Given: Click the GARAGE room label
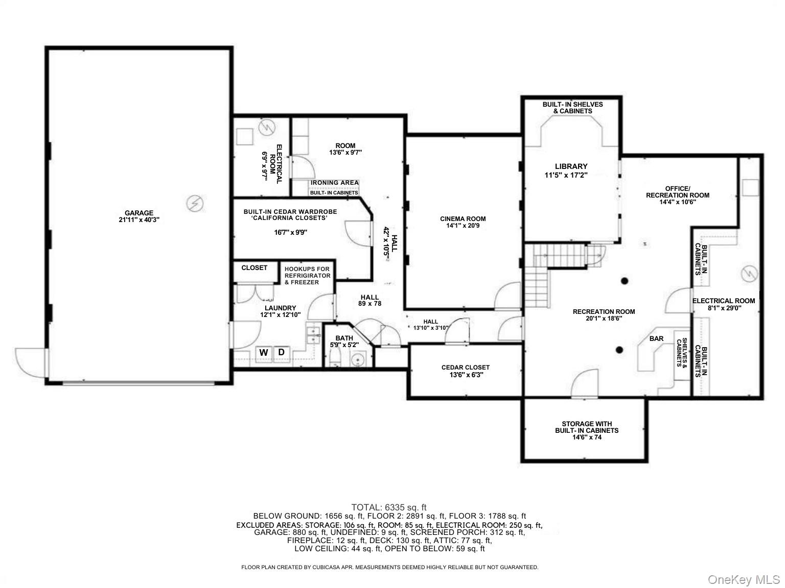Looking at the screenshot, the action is coord(139,213).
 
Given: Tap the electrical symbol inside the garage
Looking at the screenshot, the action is coord(195,204).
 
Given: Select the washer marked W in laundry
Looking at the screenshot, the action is coord(264,353).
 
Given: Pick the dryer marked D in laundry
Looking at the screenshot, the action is coord(282,352).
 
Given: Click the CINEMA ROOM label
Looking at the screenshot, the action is coord(463,219).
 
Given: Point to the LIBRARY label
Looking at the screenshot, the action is coord(571,166).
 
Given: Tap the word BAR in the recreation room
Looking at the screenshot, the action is coord(656,338).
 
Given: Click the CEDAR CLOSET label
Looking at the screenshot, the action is coord(465,367).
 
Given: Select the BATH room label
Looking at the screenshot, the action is coord(344,338).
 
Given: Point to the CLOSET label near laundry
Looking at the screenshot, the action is coord(255,268).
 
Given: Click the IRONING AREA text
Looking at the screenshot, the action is coord(334,183).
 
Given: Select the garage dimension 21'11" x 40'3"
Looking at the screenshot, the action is coord(139,220).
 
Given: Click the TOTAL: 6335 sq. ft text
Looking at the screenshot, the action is coord(389,507).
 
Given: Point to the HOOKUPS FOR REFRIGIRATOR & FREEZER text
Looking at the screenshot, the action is coord(307,276).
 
